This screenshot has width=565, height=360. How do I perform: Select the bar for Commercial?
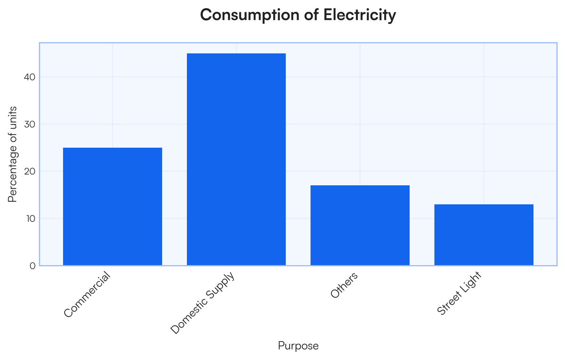coord(113,207)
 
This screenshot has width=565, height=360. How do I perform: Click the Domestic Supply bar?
coord(236,160)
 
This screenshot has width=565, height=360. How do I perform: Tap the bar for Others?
coord(360,225)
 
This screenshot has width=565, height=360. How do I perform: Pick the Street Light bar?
coord(484,235)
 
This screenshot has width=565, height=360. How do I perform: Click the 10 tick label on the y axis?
coord(30,219)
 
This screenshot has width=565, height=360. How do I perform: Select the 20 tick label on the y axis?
coord(30,171)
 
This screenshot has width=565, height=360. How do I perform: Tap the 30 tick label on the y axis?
coord(30,124)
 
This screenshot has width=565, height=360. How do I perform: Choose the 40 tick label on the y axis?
coord(30,77)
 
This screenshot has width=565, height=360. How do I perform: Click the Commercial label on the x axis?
coord(88,295)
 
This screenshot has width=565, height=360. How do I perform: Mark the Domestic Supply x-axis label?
coord(202,303)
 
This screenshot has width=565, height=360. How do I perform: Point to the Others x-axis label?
coord(344,286)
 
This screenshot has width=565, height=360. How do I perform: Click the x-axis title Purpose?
coord(298,346)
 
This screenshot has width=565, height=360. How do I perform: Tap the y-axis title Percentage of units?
coord(13,154)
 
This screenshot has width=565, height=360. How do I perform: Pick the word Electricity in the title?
coord(359,15)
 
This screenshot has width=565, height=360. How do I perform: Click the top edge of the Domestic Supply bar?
coord(236,54)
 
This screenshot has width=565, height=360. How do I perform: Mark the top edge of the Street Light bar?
coord(484,205)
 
